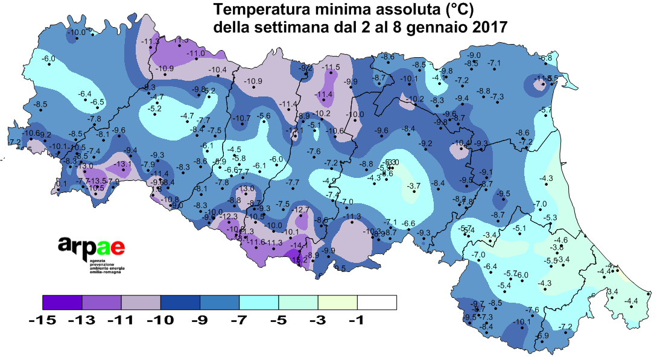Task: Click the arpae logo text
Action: pos(92,245)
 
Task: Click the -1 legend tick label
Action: pos(357,321)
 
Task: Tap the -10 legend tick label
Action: pos(160,321)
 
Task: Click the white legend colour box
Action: pos(377,302)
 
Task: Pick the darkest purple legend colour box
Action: pos(62,302)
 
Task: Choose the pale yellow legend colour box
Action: pos(337,302)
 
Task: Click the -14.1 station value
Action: pos(299,245)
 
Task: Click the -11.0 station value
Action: pos(196,54)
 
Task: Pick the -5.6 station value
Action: pos(264,116)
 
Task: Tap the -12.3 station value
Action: pos(230,216)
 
